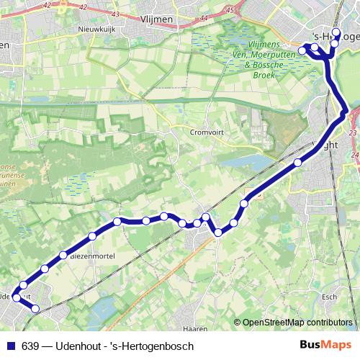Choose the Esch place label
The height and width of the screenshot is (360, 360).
click(330, 297)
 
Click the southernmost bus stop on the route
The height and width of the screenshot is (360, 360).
click(35, 309)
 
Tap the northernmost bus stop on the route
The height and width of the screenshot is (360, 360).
click(337, 33)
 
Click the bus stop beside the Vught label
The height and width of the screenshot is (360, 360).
click(298, 162)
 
